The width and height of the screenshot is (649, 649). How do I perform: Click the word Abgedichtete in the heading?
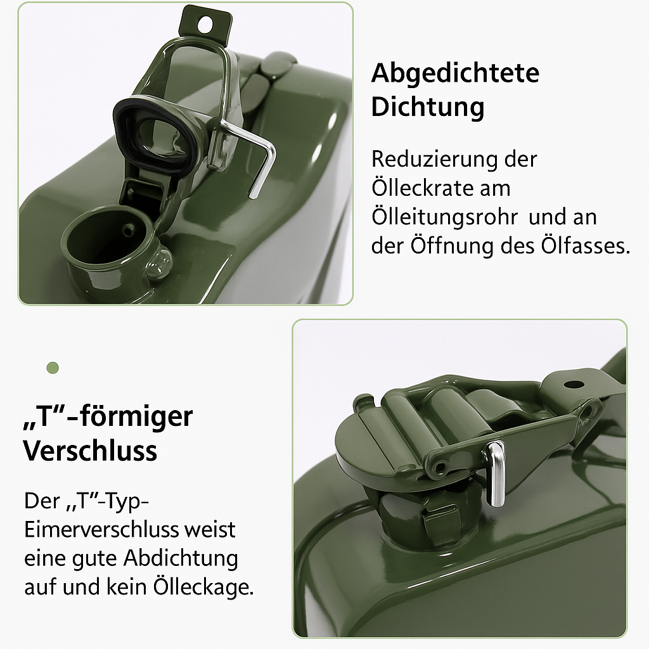(x=455, y=74)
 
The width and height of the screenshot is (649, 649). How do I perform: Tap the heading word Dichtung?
(x=427, y=106)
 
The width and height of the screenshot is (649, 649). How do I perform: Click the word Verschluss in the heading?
(x=90, y=451)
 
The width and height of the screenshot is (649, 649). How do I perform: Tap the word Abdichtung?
(x=181, y=558)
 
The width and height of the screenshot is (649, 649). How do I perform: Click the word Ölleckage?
(x=203, y=588)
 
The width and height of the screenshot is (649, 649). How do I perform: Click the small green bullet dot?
(x=53, y=368)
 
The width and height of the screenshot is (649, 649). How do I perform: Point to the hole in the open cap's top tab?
(x=205, y=24)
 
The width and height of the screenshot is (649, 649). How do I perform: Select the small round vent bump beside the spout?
(x=158, y=260)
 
